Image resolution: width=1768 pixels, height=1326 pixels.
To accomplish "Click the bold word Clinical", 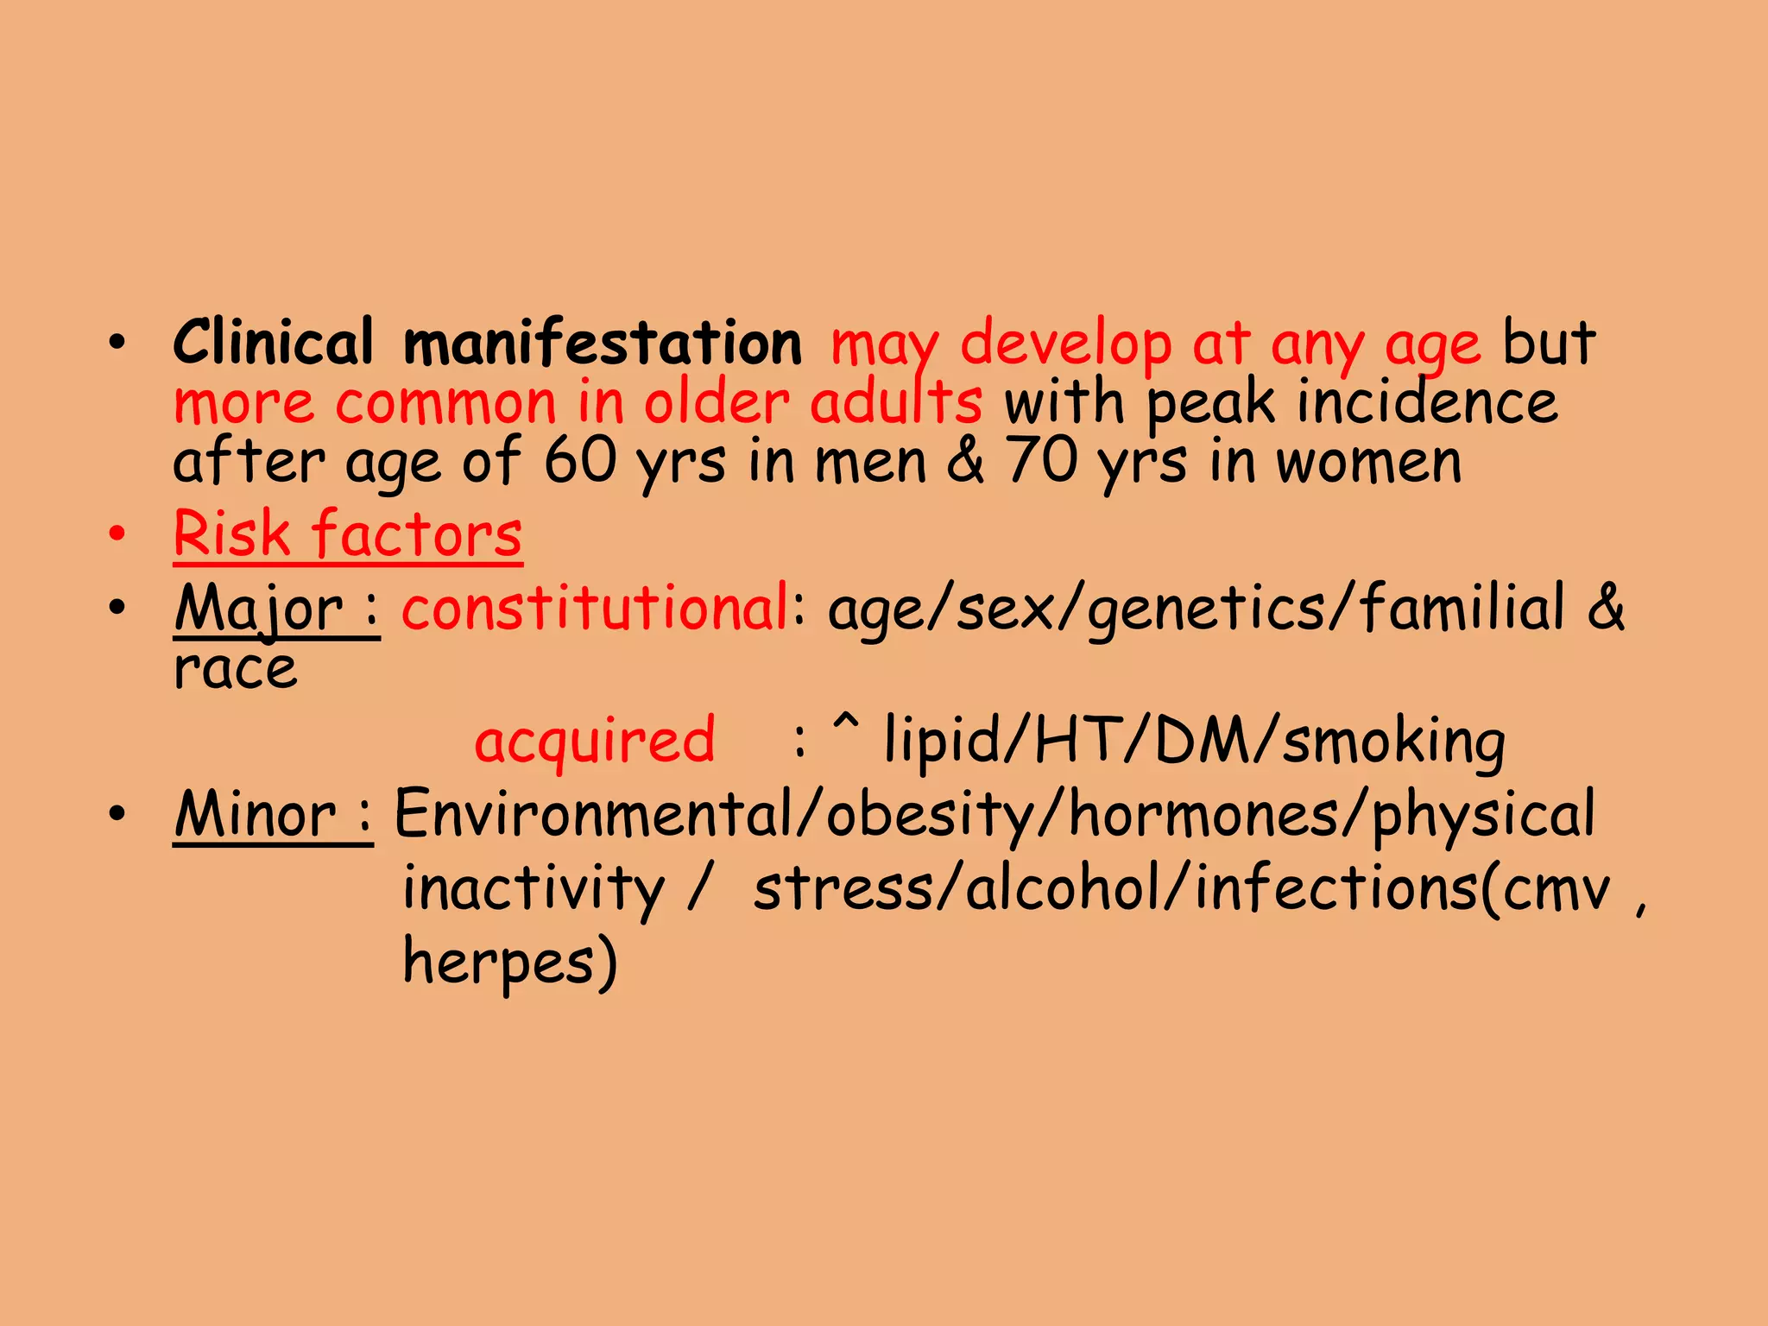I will (x=273, y=343).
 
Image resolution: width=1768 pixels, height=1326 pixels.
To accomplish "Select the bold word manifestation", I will (x=603, y=343).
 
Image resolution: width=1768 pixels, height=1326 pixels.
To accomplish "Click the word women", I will (x=1368, y=462).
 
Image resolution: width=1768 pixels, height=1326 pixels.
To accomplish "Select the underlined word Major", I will (x=259, y=609).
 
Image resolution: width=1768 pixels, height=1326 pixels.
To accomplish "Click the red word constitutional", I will (x=594, y=608).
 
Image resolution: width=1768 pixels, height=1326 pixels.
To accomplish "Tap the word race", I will (x=235, y=669).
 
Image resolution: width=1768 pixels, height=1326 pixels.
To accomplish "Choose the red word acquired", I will (x=595, y=741).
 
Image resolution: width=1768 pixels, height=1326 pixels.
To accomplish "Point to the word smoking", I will (x=1393, y=741).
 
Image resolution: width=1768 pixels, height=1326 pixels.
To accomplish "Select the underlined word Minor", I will (x=256, y=814).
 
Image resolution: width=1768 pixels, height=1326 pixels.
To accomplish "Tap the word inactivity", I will (x=534, y=888).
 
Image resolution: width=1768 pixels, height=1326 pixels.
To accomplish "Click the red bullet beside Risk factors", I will (x=117, y=534).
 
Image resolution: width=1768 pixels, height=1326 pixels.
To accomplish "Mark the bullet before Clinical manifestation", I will (x=117, y=342).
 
